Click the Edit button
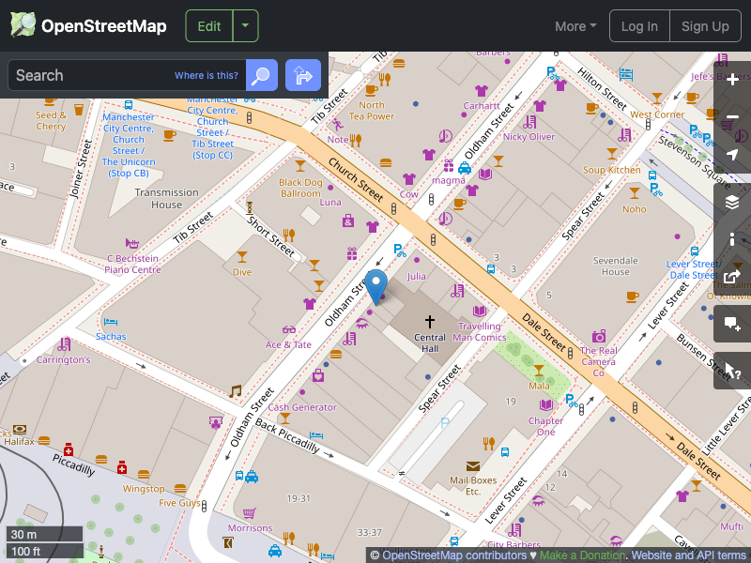pos(208,26)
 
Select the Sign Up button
pos(705,26)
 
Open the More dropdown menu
pos(575,26)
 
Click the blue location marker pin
pos(375,285)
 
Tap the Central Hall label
pos(430,342)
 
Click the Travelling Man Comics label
pos(480,332)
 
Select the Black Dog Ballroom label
pos(300,188)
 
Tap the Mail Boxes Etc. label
pos(472,486)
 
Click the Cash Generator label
pos(302,407)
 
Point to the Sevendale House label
pos(616,266)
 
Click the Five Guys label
pos(179,503)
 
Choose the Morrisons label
pos(250,528)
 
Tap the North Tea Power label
pos(372,111)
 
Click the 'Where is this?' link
pos(207,75)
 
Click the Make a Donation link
pos(582,555)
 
